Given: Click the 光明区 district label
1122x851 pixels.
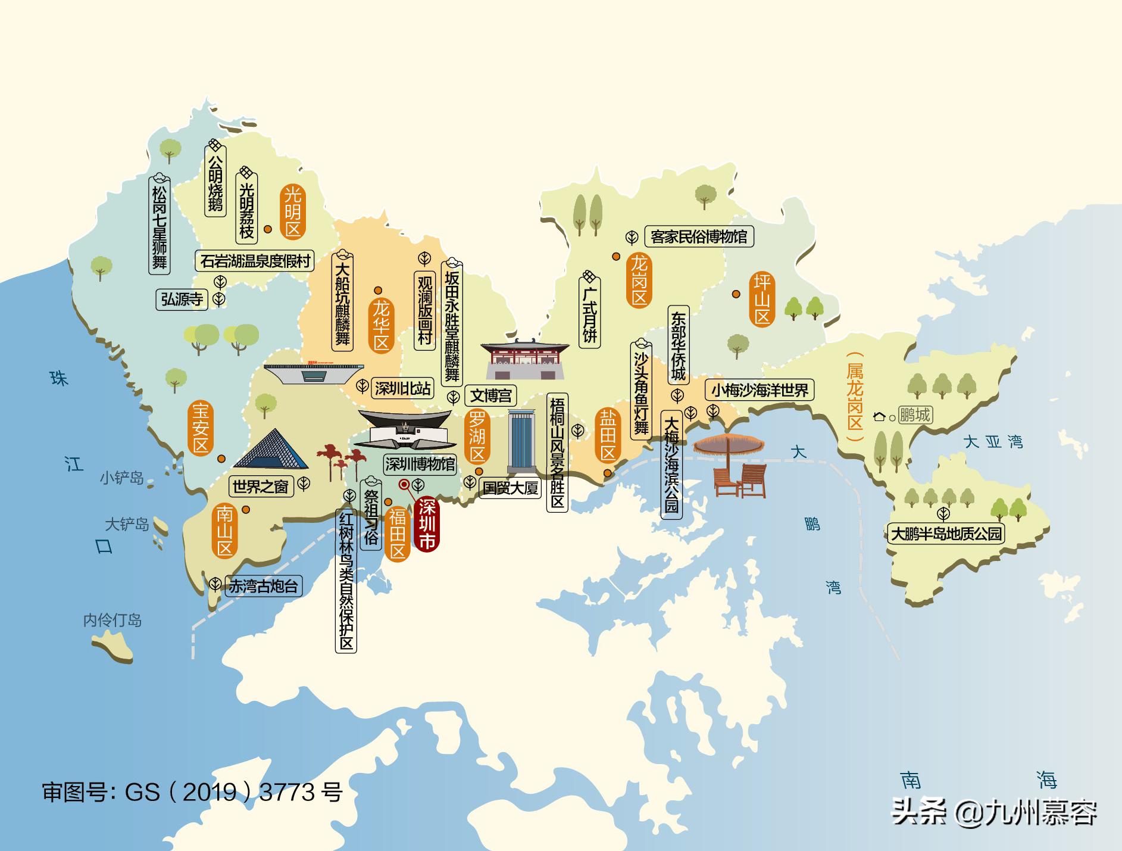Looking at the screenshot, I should point(292,211).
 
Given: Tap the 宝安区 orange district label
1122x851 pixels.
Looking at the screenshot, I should point(201,428).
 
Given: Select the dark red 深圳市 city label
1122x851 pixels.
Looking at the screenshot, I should point(426,524).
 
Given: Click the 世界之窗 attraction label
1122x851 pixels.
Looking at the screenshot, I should point(260,487).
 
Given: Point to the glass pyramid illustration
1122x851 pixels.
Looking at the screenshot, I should point(271,450).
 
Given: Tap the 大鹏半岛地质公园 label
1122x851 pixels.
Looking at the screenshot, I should point(946,534).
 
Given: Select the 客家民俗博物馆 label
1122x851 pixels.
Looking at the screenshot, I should point(699,236).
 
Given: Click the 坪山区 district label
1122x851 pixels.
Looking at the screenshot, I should point(762,299).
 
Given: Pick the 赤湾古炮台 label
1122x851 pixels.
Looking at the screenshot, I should point(263,586).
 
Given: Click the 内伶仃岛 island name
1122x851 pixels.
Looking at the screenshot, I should point(112,621).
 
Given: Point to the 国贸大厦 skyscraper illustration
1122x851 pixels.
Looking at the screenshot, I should point(522,441).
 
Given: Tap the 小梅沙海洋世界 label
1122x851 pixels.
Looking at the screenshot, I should point(760,390).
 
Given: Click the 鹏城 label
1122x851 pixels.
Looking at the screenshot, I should point(914,415).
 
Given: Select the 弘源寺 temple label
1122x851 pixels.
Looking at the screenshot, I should point(182,299).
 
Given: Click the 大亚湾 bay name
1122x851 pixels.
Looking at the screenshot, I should point(993,442).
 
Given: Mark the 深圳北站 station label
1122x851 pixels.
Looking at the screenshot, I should point(402,389).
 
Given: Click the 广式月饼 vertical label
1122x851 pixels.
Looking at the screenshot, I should point(589,316).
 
